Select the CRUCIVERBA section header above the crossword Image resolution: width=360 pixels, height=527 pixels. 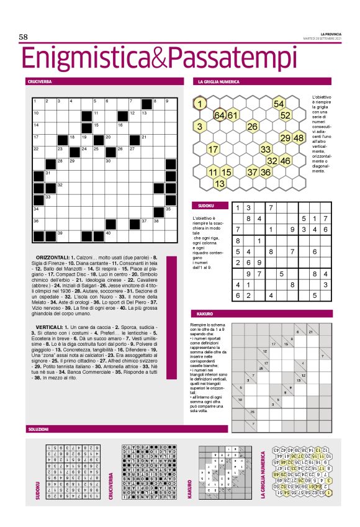pos(39,82)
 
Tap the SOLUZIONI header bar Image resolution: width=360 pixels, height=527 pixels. pos(38,429)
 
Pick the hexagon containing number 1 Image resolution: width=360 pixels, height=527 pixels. pos(200,104)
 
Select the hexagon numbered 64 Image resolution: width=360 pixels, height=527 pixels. pos(220,115)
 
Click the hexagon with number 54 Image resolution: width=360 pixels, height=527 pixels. pos(279,104)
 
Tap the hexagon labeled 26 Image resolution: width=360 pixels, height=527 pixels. pos(253,127)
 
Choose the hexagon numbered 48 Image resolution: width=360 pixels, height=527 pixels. pos(298,138)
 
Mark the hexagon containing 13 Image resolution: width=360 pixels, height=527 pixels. pos(220,184)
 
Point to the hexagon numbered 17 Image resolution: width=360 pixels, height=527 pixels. pos(213,150)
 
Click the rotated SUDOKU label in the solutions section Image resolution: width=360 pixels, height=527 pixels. pos(37,489)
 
